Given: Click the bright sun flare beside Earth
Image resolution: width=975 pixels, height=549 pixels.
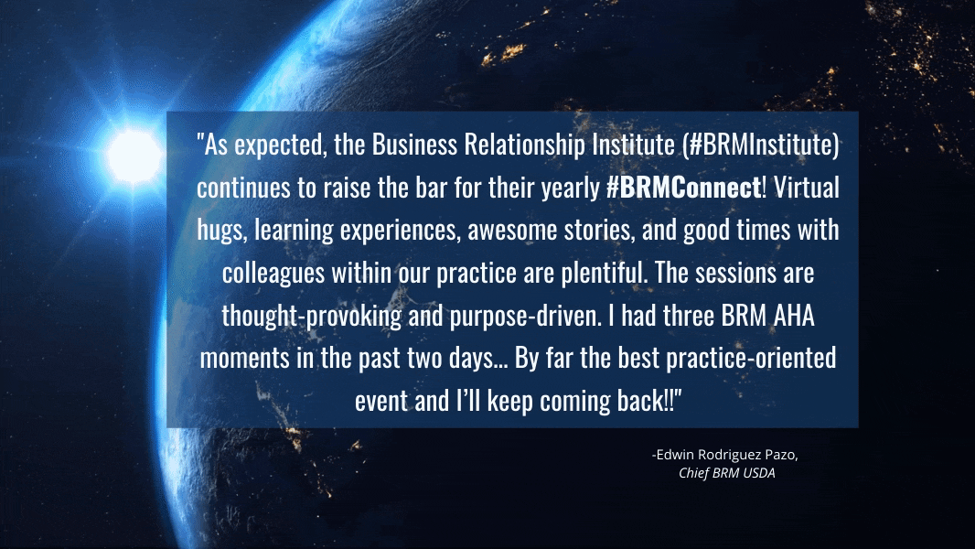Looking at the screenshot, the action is coord(133,155).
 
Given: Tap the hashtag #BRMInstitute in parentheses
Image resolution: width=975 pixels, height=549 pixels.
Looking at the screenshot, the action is coord(760,145).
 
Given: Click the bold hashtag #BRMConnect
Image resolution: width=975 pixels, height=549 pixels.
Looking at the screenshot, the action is coord(683,188).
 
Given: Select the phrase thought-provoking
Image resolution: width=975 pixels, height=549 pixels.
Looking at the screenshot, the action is coord(312,317).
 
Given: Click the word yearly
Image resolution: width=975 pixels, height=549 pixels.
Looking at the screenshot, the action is coord(570,188).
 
